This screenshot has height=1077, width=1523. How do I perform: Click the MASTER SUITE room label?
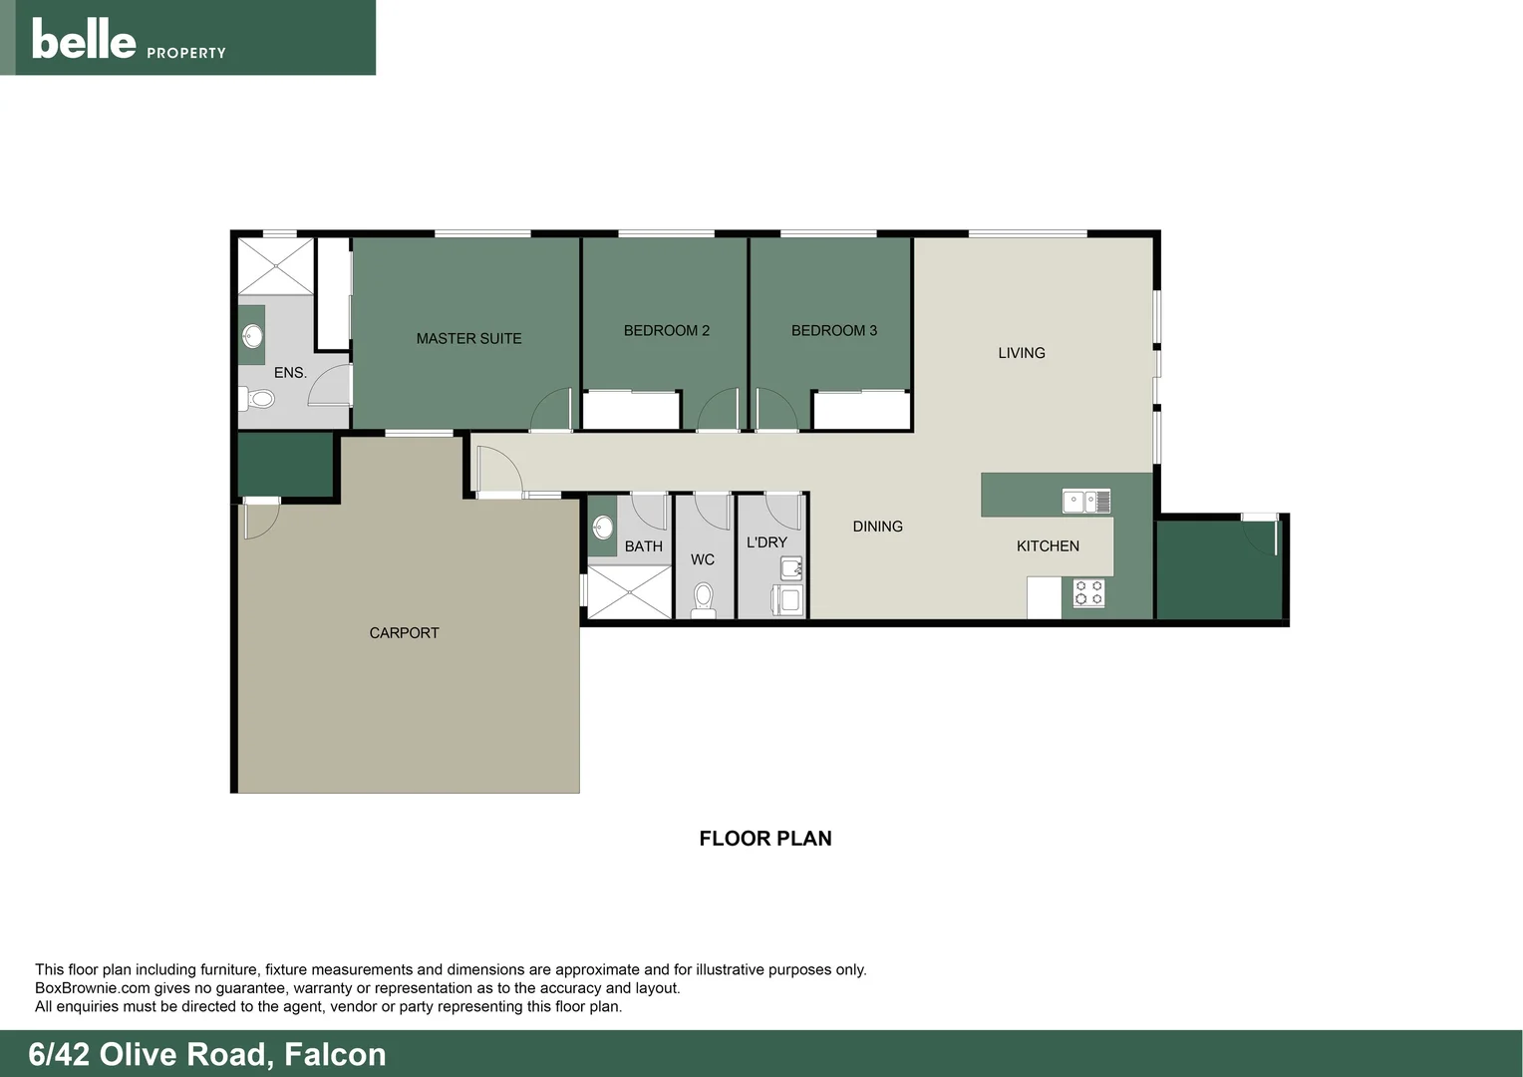tap(468, 339)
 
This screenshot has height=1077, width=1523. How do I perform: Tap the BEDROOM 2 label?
tap(666, 331)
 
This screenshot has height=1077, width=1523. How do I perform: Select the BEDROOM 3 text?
tap(833, 331)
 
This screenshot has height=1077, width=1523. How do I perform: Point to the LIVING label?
tap(1021, 353)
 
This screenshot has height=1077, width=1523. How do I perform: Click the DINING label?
tap(877, 527)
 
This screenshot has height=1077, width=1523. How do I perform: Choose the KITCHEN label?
tap(1048, 546)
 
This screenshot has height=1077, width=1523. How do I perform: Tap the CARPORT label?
tap(404, 633)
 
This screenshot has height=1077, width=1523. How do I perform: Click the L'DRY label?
tap(766, 542)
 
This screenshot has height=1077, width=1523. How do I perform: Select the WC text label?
tap(702, 560)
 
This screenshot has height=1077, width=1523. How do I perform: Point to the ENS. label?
tap(290, 373)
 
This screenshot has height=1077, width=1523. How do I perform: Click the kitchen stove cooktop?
tap(1088, 593)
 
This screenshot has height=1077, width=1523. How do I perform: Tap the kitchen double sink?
tap(1085, 501)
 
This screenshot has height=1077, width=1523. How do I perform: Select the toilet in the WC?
tap(703, 598)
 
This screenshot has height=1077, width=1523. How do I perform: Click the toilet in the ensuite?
tap(258, 400)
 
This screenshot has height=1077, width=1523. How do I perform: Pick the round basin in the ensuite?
tap(253, 336)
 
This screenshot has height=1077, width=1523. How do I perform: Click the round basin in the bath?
tap(603, 527)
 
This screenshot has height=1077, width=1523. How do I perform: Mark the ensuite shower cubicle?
tap(276, 266)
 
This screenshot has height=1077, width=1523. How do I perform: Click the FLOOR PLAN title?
tap(764, 839)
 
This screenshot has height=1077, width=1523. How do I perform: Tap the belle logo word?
tap(84, 40)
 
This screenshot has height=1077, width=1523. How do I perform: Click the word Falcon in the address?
tap(335, 1054)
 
